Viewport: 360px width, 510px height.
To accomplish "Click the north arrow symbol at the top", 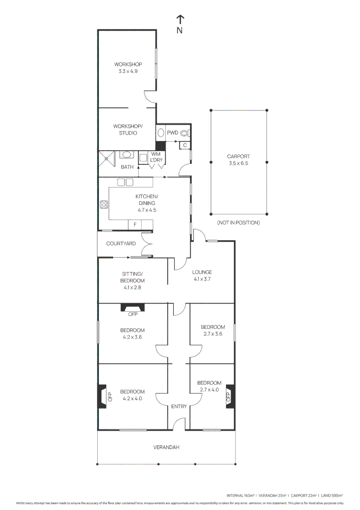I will pyautogui.click(x=180, y=19).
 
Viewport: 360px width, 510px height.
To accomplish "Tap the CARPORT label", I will pyautogui.click(x=238, y=156).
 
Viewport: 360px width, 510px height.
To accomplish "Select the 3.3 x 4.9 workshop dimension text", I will pyautogui.click(x=128, y=71).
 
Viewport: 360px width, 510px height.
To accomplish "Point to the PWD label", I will pyautogui.click(x=172, y=133).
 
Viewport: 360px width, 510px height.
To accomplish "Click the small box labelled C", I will pyautogui.click(x=185, y=145).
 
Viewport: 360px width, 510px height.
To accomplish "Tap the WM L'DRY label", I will pyautogui.click(x=156, y=157).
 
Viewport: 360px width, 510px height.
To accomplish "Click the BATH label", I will pyautogui.click(x=127, y=167).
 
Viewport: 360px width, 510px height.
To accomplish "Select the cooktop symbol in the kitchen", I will pyautogui.click(x=104, y=204).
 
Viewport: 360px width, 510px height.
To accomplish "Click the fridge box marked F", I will pyautogui.click(x=135, y=225).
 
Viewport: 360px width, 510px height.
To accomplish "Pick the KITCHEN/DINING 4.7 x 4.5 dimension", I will pyautogui.click(x=146, y=210).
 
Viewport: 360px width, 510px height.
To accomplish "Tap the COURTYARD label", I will pyautogui.click(x=121, y=244).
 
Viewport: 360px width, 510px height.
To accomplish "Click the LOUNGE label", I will pyautogui.click(x=202, y=272).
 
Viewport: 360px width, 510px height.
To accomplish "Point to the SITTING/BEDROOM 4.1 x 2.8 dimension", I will pyautogui.click(x=133, y=287).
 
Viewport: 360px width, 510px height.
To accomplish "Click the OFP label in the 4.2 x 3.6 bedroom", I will pyautogui.click(x=133, y=315).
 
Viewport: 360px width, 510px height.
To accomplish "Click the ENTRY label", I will pyautogui.click(x=179, y=406).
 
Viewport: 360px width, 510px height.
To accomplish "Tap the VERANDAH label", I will pyautogui.click(x=166, y=447).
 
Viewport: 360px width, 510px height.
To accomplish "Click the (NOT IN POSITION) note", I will pyautogui.click(x=238, y=222).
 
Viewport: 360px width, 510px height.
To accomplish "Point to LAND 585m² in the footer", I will pyautogui.click(x=332, y=495).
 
